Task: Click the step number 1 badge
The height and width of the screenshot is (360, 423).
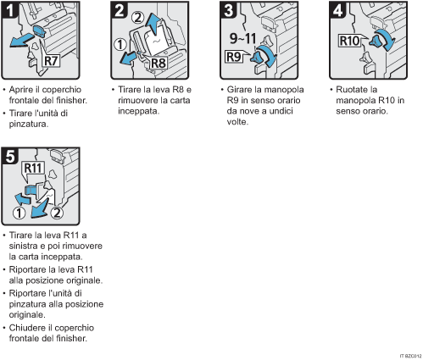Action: tap(12, 12)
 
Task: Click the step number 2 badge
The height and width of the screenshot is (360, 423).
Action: tap(120, 12)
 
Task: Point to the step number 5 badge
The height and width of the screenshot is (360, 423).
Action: tap(12, 157)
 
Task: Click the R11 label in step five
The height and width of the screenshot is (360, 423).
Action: tap(34, 169)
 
